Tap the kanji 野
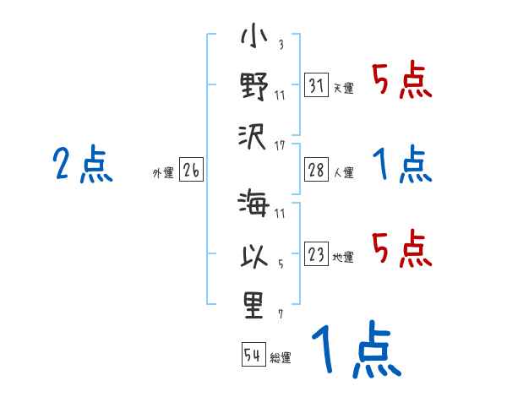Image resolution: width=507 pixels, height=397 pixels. (x=253, y=87)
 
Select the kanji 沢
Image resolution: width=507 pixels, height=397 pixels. (x=253, y=134)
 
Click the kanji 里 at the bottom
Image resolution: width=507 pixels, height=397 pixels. (x=253, y=303)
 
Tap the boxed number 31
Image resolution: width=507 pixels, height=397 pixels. (x=317, y=87)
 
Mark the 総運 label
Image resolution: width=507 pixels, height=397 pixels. (x=281, y=357)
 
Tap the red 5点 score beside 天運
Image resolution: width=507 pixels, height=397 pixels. (x=402, y=82)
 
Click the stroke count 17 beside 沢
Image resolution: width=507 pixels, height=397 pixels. (x=280, y=146)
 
